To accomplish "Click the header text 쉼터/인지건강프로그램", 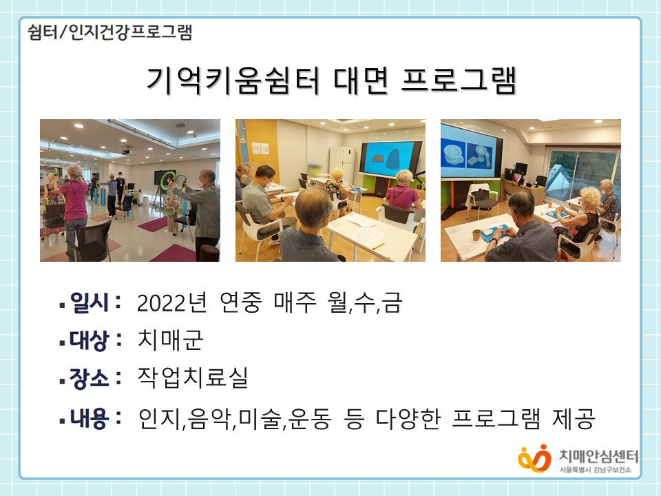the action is click(110, 32).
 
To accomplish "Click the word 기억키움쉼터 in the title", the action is click(232, 80).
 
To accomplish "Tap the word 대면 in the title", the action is click(361, 80).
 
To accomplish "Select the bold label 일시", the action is click(90, 302).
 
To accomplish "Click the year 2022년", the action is click(172, 303).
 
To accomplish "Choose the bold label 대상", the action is click(90, 340).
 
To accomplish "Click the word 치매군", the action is click(171, 340).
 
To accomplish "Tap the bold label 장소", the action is click(90, 378).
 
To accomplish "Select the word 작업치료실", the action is click(193, 378).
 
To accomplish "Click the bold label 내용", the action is click(90, 418).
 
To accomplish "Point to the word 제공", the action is click(574, 418).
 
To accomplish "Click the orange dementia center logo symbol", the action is click(534, 459).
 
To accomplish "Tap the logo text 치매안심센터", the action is click(599, 456).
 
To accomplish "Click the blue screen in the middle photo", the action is click(389, 160).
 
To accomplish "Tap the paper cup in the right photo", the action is click(476, 235).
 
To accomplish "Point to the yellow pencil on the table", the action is click(378, 247).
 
